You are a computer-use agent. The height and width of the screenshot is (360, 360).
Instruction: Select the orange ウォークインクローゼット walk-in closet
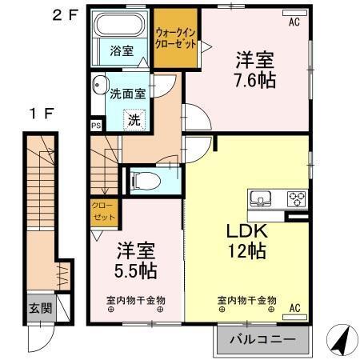[x=176, y=38]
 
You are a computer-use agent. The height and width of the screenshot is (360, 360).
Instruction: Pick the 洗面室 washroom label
[x=127, y=93]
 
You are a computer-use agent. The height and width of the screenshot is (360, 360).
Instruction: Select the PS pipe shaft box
[x=96, y=126]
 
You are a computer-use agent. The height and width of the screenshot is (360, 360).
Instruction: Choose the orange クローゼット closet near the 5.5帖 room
[x=103, y=211]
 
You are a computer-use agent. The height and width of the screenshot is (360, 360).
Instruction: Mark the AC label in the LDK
[x=295, y=308]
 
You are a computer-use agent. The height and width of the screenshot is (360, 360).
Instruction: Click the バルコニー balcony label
[x=260, y=340]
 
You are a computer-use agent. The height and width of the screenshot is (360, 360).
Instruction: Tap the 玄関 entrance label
[x=38, y=307]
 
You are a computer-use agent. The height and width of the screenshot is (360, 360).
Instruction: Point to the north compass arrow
[x=340, y=339]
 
